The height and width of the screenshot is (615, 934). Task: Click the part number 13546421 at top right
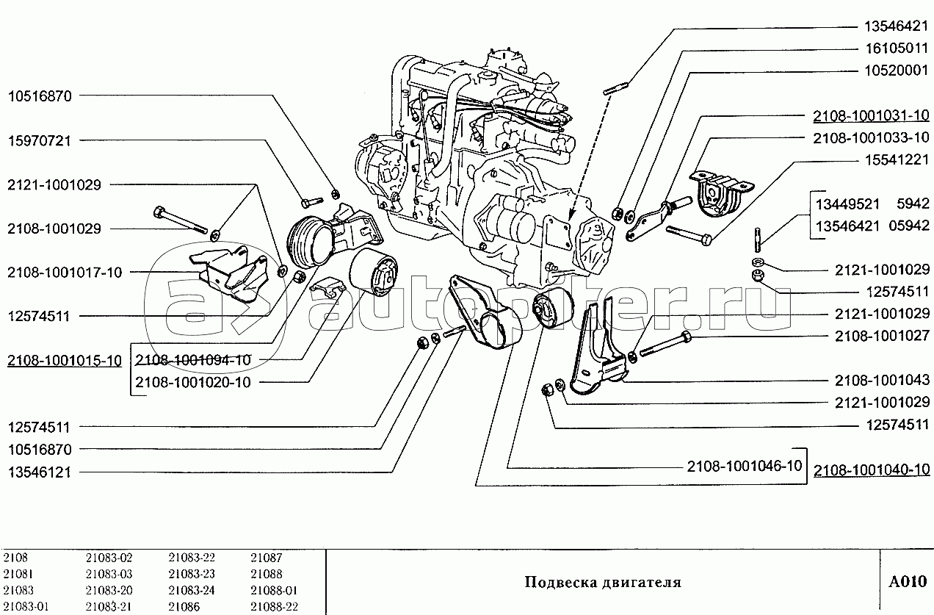click(x=896, y=26)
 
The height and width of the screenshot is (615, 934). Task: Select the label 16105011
click(x=896, y=48)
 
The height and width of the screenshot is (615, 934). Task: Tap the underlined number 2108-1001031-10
click(x=871, y=115)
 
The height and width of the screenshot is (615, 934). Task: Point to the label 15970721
click(x=40, y=140)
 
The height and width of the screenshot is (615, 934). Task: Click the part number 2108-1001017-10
click(x=65, y=273)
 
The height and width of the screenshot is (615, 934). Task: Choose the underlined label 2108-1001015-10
click(x=65, y=361)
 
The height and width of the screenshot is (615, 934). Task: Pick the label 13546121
click(x=40, y=472)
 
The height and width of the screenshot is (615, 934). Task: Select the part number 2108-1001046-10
click(x=745, y=466)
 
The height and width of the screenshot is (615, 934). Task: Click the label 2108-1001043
click(x=882, y=380)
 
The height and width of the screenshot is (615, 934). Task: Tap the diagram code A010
click(x=908, y=582)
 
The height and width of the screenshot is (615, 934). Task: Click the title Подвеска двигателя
click(x=603, y=583)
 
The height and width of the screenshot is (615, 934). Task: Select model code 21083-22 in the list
click(x=192, y=558)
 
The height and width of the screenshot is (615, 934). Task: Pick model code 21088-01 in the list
click(x=274, y=590)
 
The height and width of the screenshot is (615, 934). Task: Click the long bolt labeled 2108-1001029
click(x=181, y=220)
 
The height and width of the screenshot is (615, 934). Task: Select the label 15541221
click(x=896, y=159)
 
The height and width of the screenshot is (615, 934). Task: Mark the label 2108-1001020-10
click(x=193, y=383)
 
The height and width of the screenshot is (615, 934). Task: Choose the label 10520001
click(x=896, y=71)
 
